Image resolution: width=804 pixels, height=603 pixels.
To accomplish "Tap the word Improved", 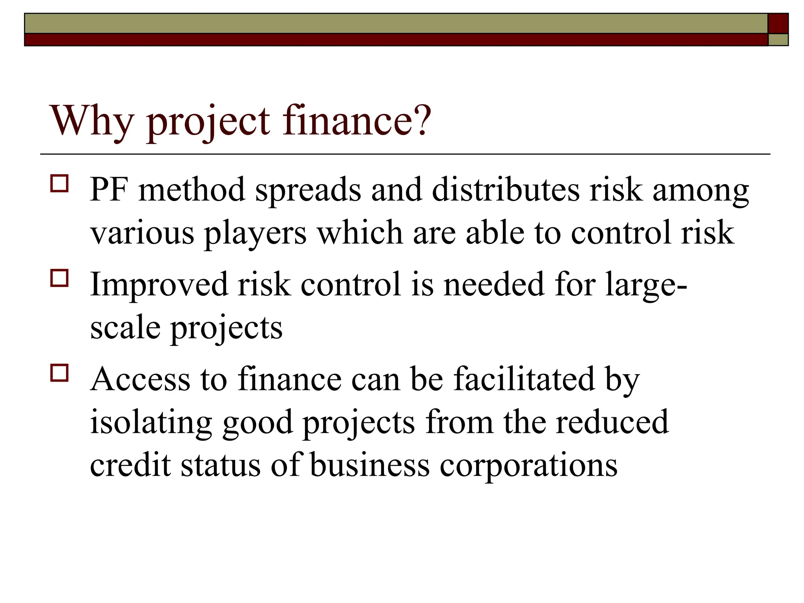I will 159,284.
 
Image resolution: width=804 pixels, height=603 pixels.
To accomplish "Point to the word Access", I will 140,379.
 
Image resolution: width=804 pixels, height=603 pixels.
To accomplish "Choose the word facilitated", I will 524,379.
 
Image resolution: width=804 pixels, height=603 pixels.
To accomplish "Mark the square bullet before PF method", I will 59,184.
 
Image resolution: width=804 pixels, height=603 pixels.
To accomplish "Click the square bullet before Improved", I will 59,278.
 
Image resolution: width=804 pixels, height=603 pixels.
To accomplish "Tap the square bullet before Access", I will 59,373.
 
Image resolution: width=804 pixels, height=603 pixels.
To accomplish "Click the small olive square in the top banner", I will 778,40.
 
